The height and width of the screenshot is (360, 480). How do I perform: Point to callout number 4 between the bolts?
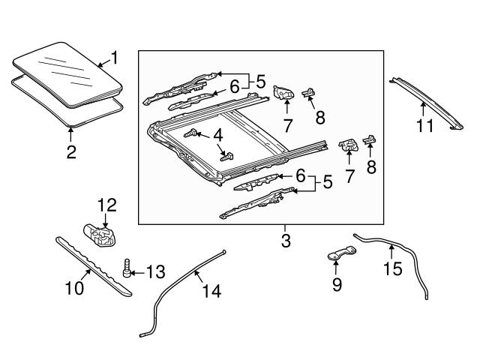(218, 136)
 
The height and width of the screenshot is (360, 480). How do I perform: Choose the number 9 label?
(337, 284)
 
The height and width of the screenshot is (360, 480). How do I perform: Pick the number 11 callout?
(425, 126)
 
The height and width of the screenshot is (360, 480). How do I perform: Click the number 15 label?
(392, 267)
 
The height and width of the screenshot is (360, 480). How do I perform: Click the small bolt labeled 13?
(128, 266)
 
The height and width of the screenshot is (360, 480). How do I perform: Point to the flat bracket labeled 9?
(342, 255)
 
